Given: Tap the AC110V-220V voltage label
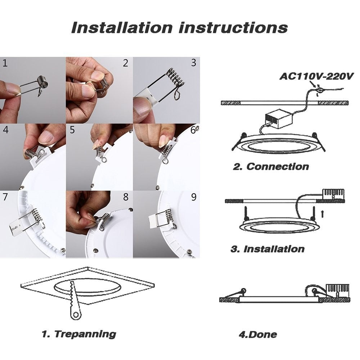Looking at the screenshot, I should click(317, 76).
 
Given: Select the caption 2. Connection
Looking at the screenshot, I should click(270, 167).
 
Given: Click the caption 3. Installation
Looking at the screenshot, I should click(267, 249).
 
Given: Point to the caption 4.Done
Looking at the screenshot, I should click(258, 334).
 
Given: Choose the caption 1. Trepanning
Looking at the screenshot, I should click(79, 334).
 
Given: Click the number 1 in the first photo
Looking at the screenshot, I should click(5, 64).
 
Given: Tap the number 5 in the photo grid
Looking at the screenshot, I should click(72, 130).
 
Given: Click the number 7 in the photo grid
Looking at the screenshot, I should click(5, 197).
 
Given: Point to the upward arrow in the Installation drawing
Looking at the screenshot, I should click(323, 214).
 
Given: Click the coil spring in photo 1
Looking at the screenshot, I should click(42, 82).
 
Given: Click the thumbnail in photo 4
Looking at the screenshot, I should click(46, 137).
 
